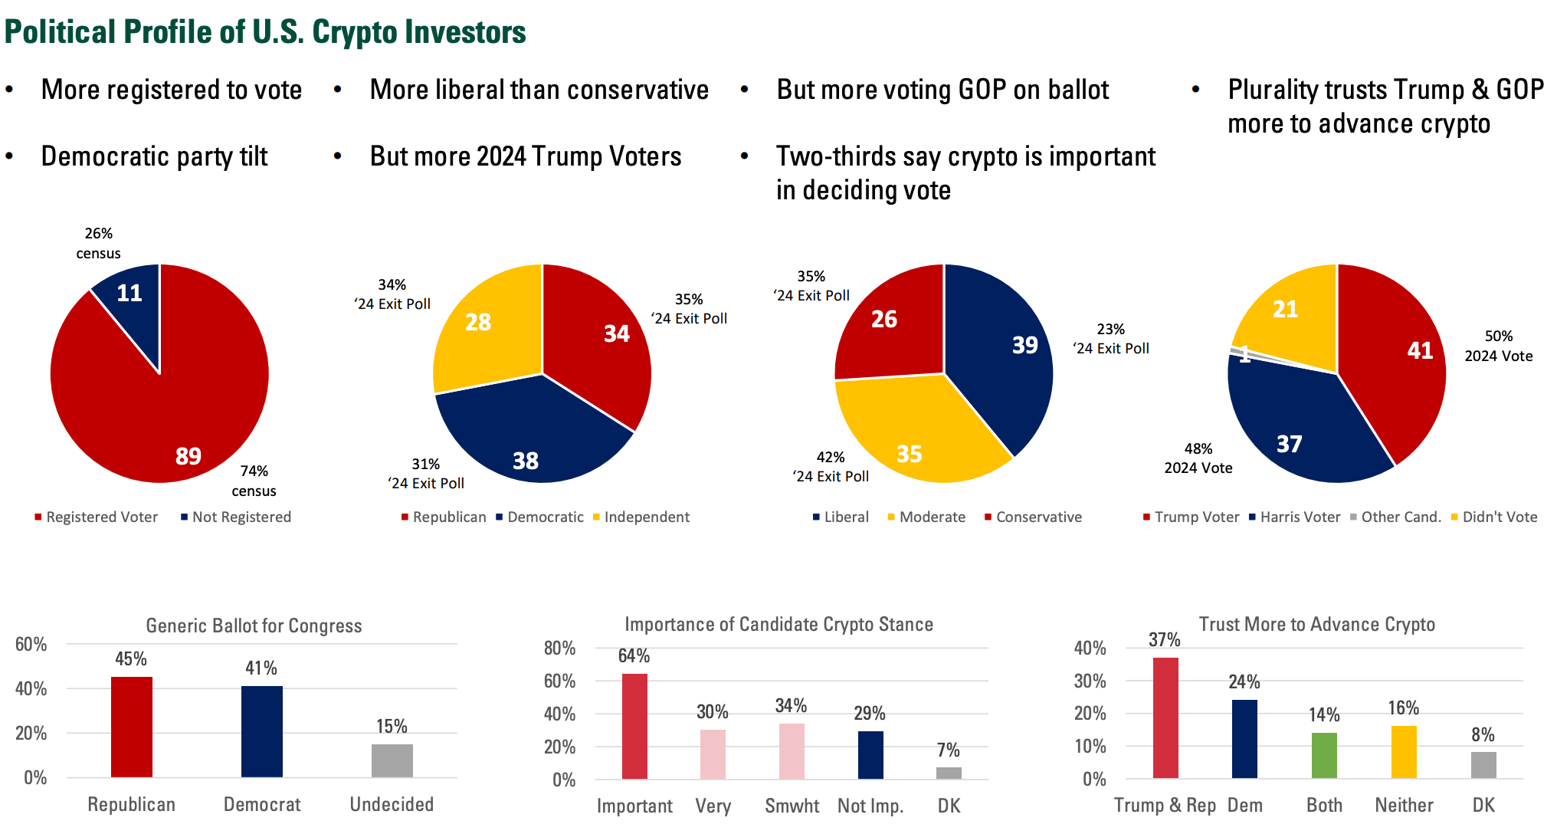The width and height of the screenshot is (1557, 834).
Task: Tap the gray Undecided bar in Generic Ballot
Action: click(392, 760)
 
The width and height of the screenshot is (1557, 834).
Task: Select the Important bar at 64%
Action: click(634, 727)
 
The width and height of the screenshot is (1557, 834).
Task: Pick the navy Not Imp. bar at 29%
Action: click(870, 755)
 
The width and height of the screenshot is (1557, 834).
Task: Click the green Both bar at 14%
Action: click(1324, 756)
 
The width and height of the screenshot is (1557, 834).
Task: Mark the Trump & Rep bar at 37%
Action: click(1165, 717)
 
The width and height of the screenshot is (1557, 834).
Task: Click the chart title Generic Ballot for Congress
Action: click(254, 626)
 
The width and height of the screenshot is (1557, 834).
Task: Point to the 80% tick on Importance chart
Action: click(559, 648)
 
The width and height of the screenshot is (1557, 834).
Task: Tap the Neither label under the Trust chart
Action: click(1404, 806)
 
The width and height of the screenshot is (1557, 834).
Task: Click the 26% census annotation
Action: click(98, 243)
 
